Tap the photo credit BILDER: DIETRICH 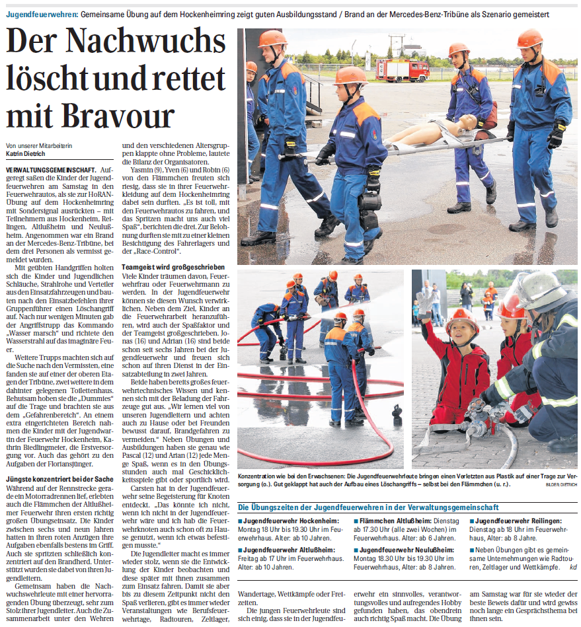pos(561,484)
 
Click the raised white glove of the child pos(424,303)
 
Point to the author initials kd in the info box pos(572,566)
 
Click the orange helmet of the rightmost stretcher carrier pos(529,39)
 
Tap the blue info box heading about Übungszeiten pos(368,507)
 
